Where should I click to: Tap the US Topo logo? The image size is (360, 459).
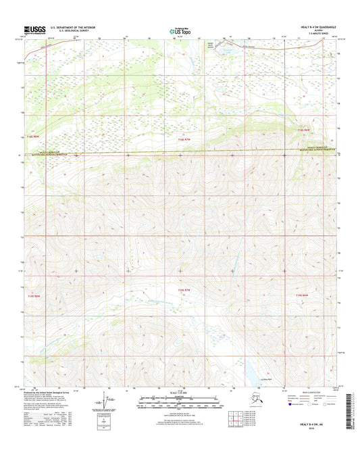(180, 30)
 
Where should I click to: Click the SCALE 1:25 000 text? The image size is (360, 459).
(180, 393)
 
